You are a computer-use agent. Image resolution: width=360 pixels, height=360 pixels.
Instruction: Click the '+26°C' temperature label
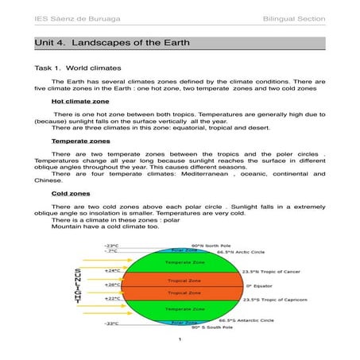coord(112,284)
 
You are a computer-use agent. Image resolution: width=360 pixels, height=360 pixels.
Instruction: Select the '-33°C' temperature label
coord(111,323)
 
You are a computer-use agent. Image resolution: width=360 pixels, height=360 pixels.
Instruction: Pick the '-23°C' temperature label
coord(111,245)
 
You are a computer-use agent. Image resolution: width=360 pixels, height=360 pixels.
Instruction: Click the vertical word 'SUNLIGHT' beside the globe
coord(77,285)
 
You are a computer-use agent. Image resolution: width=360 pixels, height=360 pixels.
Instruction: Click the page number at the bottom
coord(180,340)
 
